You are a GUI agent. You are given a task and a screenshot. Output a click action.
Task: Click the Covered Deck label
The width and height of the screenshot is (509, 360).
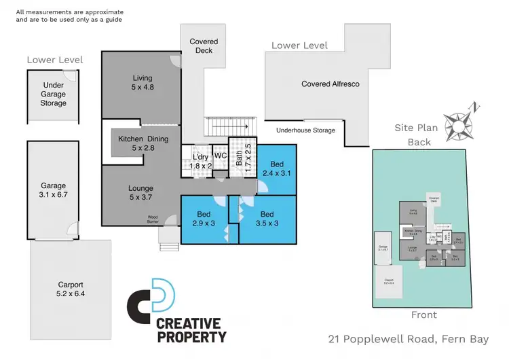click(204, 46)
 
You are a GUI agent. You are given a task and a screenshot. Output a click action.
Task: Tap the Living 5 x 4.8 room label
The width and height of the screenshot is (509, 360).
click(143, 82)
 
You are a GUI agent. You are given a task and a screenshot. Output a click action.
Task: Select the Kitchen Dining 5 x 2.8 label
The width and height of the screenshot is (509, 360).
click(143, 143)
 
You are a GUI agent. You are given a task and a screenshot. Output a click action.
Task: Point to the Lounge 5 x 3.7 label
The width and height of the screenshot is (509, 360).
click(140, 193)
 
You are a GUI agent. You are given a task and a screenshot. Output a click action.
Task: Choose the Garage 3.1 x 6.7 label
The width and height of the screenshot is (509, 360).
click(53, 190)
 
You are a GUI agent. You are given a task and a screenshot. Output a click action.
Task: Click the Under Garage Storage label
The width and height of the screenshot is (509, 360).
click(53, 94)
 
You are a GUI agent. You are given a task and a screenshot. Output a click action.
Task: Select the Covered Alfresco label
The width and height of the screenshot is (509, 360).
click(331, 84)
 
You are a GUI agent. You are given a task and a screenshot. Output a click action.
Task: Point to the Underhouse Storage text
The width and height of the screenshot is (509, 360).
click(305, 130)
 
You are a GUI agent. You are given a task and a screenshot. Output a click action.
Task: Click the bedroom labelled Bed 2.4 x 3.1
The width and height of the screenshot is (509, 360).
click(277, 169)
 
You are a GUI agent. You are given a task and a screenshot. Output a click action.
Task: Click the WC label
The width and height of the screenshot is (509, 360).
click(220, 156)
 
